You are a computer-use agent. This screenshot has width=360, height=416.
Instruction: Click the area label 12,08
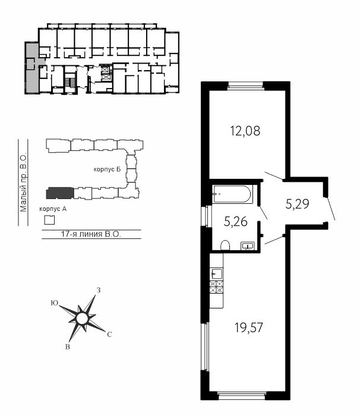[x=245, y=131]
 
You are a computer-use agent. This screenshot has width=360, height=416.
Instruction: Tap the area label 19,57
[x=248, y=327]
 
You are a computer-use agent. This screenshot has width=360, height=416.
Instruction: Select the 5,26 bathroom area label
[x=236, y=222]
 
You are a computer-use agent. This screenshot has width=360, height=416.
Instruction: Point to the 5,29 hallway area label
[x=298, y=204]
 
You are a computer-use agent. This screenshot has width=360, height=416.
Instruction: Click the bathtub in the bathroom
[x=232, y=194]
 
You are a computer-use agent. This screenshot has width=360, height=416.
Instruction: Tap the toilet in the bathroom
[x=225, y=245]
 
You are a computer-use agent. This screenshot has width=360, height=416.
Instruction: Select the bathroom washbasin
[x=248, y=246]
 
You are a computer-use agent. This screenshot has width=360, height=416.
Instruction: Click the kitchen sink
[x=216, y=273]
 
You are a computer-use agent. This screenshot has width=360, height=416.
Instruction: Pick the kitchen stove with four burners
[x=216, y=287]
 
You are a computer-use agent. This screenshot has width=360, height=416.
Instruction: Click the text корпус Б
[x=107, y=169]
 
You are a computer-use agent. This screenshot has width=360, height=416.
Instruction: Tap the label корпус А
[x=53, y=209]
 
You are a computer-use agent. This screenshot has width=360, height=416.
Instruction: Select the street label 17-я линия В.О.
[x=91, y=234]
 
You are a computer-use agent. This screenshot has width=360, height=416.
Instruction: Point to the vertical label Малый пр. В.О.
[x=23, y=182]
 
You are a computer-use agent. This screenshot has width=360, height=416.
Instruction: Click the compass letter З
[x=99, y=290]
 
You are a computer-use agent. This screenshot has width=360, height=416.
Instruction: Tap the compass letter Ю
[x=55, y=303]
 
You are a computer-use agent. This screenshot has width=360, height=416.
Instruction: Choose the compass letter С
[x=109, y=335]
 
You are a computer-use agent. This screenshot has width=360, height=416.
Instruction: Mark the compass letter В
[x=68, y=346]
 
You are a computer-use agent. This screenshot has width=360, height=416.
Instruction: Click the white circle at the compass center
[x=82, y=319]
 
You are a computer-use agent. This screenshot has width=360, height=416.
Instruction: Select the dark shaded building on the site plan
[x=60, y=193]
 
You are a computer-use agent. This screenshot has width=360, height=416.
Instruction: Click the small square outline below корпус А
[x=49, y=220]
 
